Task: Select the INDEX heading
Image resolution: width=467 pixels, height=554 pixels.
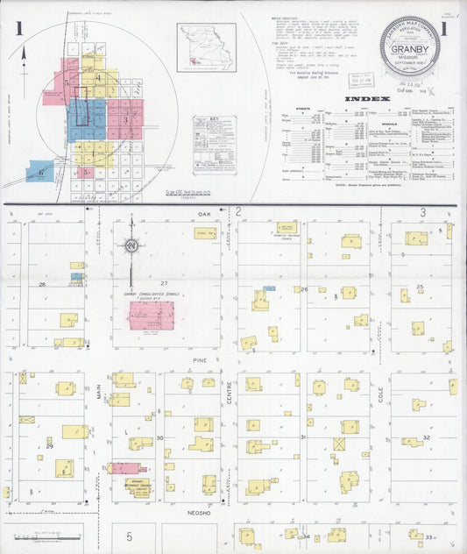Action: (366, 99)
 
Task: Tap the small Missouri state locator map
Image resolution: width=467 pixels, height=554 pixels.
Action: (206, 47)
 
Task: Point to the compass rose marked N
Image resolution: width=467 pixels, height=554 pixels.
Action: (131, 246)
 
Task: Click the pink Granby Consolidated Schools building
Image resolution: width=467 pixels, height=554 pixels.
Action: (152, 315)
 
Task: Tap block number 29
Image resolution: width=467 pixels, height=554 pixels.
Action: (50, 447)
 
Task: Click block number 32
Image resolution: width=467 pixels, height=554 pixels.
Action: (426, 437)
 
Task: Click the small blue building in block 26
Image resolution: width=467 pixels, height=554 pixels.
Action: (269, 288)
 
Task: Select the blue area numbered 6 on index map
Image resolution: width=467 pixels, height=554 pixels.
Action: (39, 171)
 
